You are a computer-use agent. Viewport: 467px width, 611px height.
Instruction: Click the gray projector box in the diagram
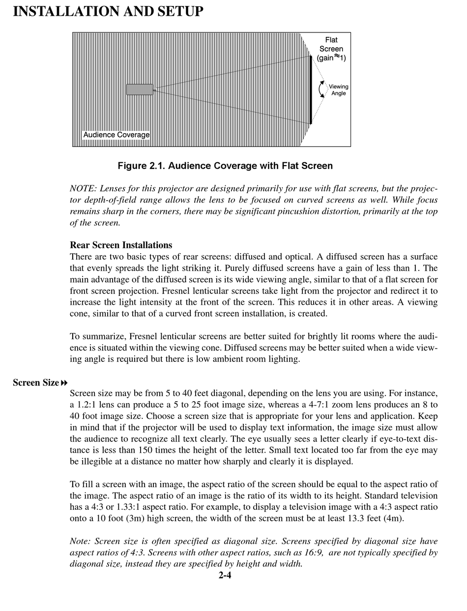pyautogui.click(x=140, y=89)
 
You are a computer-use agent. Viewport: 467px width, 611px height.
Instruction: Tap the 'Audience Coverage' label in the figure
pyautogui.click(x=117, y=135)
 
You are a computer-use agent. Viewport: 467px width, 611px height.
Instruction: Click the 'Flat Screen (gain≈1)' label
pyautogui.click(x=331, y=49)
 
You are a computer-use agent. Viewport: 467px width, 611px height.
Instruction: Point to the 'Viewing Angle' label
pyautogui.click(x=338, y=90)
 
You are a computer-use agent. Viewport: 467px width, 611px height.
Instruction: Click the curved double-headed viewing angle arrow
pyautogui.click(x=321, y=89)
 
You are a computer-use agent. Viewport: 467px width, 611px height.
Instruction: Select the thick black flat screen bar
pyautogui.click(x=311, y=89)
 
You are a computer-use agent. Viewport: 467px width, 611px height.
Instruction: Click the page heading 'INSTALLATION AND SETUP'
pyautogui.click(x=108, y=11)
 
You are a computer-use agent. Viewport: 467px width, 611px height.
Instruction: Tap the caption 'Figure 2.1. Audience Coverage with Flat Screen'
pyautogui.click(x=225, y=166)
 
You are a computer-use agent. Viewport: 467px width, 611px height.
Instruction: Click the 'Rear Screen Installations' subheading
pyautogui.click(x=121, y=245)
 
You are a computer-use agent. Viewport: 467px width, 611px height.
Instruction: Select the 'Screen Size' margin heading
pyautogui.click(x=36, y=382)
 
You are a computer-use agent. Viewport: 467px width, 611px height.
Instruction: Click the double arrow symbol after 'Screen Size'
pyautogui.click(x=64, y=382)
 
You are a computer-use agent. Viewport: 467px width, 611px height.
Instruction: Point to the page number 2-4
pyautogui.click(x=225, y=575)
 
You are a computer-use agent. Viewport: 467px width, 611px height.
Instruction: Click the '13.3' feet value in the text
pyautogui.click(x=346, y=518)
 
